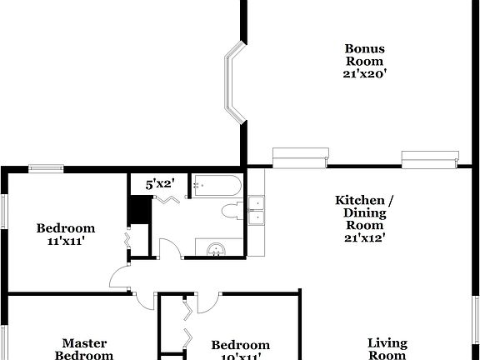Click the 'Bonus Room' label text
click(x=364, y=54)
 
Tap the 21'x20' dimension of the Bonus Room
click(x=364, y=74)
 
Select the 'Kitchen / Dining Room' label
click(x=364, y=212)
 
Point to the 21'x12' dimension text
click(x=364, y=237)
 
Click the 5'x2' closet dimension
click(x=159, y=184)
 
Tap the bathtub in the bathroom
click(x=216, y=186)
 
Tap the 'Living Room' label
click(x=387, y=348)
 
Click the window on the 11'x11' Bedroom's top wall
click(x=46, y=168)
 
